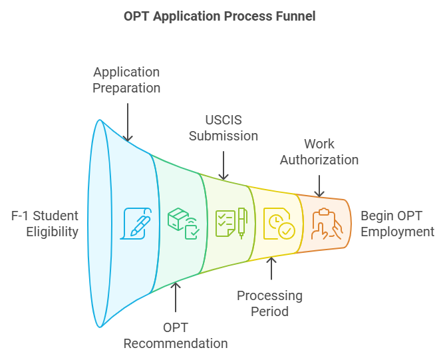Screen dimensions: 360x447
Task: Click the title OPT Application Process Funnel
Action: click(x=220, y=16)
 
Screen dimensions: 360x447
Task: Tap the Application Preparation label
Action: click(x=127, y=79)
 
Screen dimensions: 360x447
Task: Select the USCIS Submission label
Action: click(x=223, y=128)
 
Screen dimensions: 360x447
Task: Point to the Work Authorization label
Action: click(x=319, y=152)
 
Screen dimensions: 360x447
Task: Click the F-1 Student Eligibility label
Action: click(x=45, y=224)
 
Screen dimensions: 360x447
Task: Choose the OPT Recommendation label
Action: click(x=176, y=335)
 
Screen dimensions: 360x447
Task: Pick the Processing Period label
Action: click(x=269, y=303)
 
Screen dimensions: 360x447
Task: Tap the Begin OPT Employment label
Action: click(x=397, y=224)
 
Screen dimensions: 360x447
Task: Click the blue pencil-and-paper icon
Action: click(x=135, y=224)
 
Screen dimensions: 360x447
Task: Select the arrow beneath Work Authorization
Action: click(x=319, y=184)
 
